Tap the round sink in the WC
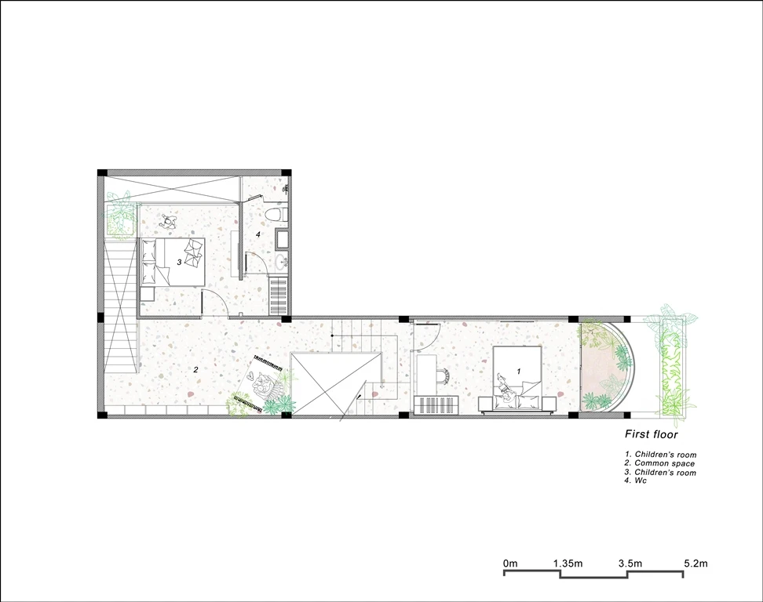(x=282, y=262)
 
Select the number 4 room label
(x=258, y=234)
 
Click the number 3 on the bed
(x=179, y=263)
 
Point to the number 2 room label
(x=195, y=370)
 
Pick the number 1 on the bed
(x=519, y=372)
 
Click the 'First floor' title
(x=651, y=434)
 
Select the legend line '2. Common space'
(x=660, y=463)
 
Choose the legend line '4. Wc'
(x=636, y=481)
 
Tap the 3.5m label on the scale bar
(x=630, y=564)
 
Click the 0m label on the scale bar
(x=510, y=564)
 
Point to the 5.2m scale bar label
(x=695, y=564)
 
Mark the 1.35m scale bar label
(x=568, y=564)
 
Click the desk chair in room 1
(x=444, y=376)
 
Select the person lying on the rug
(x=263, y=384)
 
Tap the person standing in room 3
(x=167, y=222)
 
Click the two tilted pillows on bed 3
(x=195, y=252)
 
